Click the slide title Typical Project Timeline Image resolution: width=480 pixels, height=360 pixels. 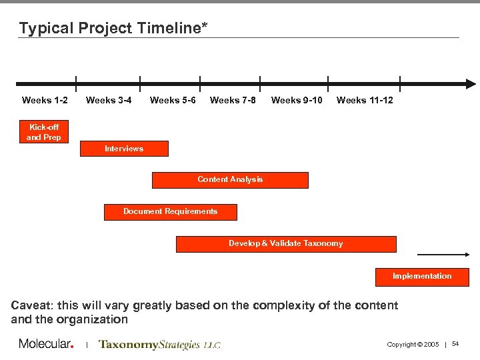[x=113, y=28]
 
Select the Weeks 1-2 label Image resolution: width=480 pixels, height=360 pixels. [x=45, y=100]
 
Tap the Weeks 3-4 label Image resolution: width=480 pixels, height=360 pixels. [x=109, y=100]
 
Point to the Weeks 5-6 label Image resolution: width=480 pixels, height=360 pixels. [x=173, y=100]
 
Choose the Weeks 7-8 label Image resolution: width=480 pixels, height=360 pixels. [x=233, y=100]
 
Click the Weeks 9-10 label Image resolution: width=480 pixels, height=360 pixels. [x=297, y=100]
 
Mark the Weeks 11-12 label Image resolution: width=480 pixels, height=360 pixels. [x=365, y=100]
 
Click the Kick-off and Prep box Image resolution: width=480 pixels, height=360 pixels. [x=44, y=132]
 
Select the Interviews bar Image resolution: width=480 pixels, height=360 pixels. [x=124, y=149]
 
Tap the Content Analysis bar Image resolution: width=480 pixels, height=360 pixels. [x=230, y=180]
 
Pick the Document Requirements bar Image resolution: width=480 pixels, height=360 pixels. [x=170, y=212]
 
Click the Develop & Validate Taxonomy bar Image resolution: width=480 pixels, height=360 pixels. [x=285, y=244]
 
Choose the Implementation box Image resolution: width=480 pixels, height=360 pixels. [x=422, y=277]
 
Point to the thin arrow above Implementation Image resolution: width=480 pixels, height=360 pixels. [x=443, y=255]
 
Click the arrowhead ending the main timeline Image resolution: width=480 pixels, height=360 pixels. [x=471, y=84]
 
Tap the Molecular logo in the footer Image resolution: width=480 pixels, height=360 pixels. [x=46, y=344]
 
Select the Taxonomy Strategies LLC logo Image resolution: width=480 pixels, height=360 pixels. [x=159, y=345]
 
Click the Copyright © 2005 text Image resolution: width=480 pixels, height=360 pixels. [x=413, y=345]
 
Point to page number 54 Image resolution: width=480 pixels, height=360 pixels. [x=455, y=344]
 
